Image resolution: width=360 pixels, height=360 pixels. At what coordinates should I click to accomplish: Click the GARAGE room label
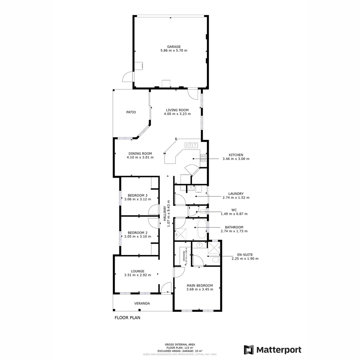[174, 47]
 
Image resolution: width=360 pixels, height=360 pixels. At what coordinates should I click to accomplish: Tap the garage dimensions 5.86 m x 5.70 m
[174, 51]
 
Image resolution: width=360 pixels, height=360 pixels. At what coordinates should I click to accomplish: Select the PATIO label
[131, 112]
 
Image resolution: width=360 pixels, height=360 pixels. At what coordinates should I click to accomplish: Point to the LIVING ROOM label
[177, 110]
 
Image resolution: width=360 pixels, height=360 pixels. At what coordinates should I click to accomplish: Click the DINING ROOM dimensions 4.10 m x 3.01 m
[140, 157]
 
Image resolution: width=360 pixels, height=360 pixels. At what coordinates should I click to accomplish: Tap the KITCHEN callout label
[236, 155]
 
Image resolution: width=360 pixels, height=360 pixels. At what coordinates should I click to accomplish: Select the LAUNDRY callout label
[236, 194]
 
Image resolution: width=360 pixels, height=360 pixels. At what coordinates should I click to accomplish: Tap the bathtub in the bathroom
[202, 228]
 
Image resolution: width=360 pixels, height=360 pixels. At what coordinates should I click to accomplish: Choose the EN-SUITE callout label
[245, 255]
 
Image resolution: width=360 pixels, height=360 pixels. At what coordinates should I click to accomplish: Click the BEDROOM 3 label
[138, 195]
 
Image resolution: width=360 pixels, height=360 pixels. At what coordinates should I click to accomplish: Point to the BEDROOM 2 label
[138, 233]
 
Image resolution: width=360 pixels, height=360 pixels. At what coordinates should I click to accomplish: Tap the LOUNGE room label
[138, 271]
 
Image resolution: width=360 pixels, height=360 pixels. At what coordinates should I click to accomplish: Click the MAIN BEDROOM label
[200, 285]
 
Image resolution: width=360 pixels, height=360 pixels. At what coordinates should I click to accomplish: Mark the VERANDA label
[142, 304]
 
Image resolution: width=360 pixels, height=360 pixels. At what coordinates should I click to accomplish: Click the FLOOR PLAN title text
[127, 318]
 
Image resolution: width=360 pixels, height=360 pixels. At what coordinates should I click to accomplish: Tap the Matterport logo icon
[249, 350]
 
